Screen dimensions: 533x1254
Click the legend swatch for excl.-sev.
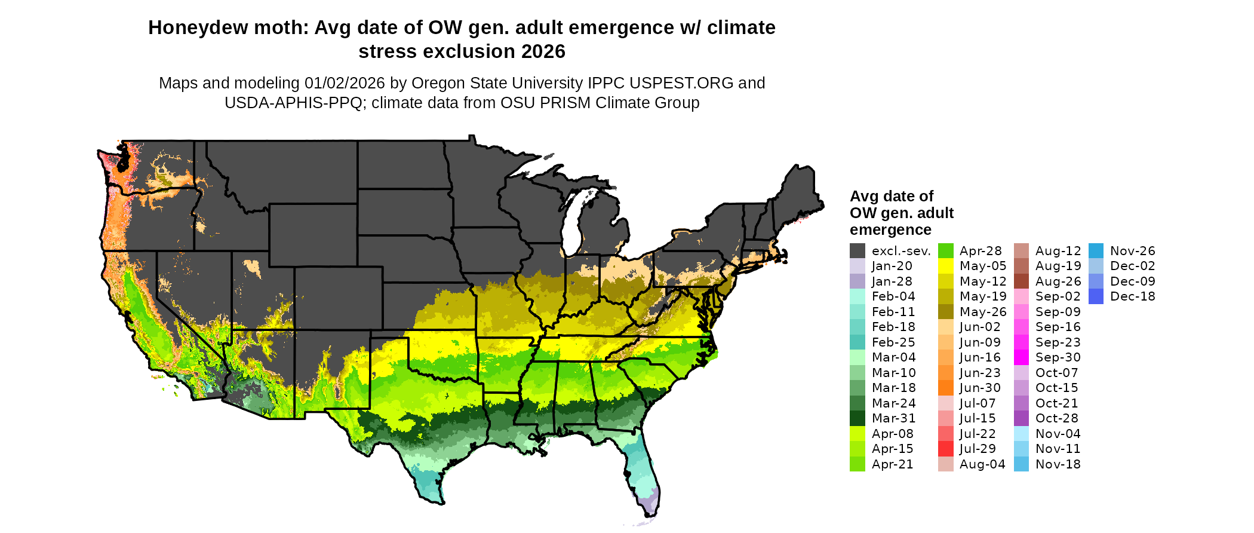pos(857,251)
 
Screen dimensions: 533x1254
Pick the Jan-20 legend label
pos(892,266)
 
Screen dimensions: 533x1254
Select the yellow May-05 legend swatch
pos(946,266)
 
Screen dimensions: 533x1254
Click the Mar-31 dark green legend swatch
pos(857,418)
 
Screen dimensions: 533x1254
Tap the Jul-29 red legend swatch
pos(946,449)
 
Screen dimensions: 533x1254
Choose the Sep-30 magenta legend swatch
pos(1022,357)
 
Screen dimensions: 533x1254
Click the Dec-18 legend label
pos(1133,296)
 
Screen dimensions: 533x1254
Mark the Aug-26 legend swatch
pos(1022,281)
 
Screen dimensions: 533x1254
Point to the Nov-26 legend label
pos(1133,251)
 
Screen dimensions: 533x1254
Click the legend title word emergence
pos(890,230)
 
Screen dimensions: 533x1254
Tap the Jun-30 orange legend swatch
pos(946,388)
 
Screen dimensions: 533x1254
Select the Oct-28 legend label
pos(1057,418)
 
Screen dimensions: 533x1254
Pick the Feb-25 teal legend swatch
pos(857,342)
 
